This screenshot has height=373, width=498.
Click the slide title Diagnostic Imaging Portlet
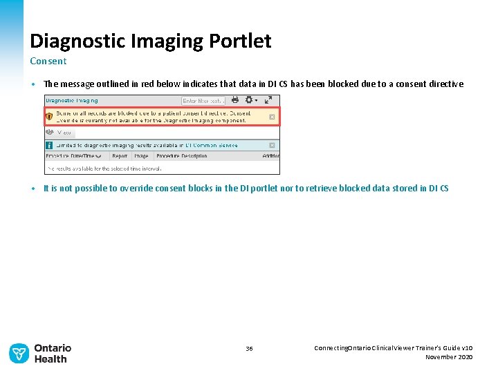(150, 41)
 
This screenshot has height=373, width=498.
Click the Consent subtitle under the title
(48, 61)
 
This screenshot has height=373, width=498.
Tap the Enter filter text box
(203, 101)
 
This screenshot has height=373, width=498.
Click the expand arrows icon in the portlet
(268, 100)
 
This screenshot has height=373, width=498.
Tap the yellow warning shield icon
(49, 116)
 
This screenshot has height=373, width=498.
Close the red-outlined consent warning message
(272, 117)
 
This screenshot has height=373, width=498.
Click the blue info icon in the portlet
(49, 145)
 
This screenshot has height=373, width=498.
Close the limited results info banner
(272, 145)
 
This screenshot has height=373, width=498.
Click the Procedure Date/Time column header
(72, 156)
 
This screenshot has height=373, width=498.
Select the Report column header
(120, 156)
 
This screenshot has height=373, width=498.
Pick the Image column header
(140, 156)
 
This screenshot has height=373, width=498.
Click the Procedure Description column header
(181, 156)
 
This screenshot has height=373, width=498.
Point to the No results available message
(104, 167)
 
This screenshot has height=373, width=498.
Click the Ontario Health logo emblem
(19, 353)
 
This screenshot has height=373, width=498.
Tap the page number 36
(249, 349)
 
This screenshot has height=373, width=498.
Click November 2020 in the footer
(449, 357)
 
